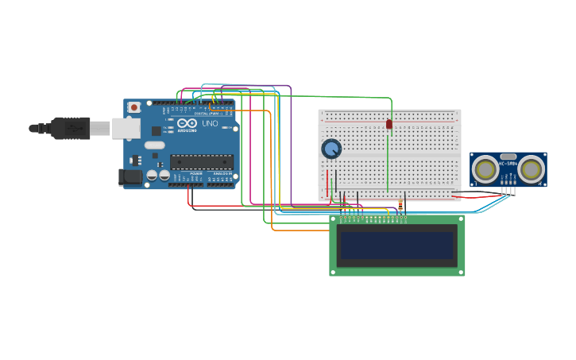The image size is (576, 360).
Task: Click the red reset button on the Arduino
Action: pyautogui.click(x=134, y=107)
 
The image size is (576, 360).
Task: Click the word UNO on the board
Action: pyautogui.click(x=210, y=124)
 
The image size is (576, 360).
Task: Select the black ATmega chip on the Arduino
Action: pyautogui.click(x=201, y=162)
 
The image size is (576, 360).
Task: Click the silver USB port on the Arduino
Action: pyautogui.click(x=126, y=128)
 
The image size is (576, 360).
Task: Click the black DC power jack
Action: pyautogui.click(x=130, y=177)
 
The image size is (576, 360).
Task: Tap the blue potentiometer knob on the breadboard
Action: pyautogui.click(x=331, y=149)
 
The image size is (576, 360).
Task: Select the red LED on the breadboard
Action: pyautogui.click(x=389, y=124)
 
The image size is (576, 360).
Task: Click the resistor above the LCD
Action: pyautogui.click(x=400, y=206)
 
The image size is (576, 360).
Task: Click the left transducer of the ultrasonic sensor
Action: pyautogui.click(x=485, y=169)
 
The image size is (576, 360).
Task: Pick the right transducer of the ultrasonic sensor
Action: pyautogui.click(x=532, y=169)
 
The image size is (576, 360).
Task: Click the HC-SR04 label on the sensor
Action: pyautogui.click(x=508, y=164)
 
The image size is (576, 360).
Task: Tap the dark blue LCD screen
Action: pyautogui.click(x=397, y=245)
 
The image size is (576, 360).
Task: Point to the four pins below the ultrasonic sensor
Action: pyautogui.click(x=508, y=190)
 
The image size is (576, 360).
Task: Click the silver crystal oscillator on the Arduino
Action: pyautogui.click(x=154, y=145)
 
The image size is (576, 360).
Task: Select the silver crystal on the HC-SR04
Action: pyautogui.click(x=508, y=157)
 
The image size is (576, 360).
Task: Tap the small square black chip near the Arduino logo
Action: pyautogui.click(x=157, y=130)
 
